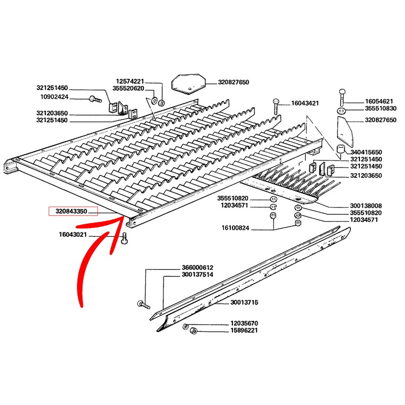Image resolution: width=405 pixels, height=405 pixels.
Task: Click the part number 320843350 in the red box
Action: coord(71,211)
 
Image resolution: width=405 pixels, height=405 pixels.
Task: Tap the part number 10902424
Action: coord(55,97)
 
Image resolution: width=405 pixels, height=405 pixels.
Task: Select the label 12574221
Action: coord(130,82)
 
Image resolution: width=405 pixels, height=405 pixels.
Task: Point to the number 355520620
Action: coord(128,88)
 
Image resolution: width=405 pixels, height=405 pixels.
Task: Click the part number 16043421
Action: coord(305,103)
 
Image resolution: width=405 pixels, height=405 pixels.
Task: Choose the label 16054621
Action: coord(379,101)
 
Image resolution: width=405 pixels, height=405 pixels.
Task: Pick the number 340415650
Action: coord(366,152)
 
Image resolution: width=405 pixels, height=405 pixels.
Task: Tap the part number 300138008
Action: coord(366,206)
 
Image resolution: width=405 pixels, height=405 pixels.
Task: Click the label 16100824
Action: coord(235,228)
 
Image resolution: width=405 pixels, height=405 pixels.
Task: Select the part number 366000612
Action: coord(197,267)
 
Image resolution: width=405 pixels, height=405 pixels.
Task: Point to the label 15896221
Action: coord(244,331)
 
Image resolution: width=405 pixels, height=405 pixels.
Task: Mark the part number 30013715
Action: coord(244,302)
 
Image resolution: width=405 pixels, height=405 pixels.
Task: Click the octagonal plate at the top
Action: coord(188,84)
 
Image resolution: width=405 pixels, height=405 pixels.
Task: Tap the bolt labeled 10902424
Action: coord(95,99)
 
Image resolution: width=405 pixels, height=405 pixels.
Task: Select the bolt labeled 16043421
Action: coord(275,106)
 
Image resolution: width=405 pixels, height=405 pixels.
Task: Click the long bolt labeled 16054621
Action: coord(342,97)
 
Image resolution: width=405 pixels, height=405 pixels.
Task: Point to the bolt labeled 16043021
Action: coord(125,238)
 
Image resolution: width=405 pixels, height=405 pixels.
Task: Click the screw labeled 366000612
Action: coord(143,305)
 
